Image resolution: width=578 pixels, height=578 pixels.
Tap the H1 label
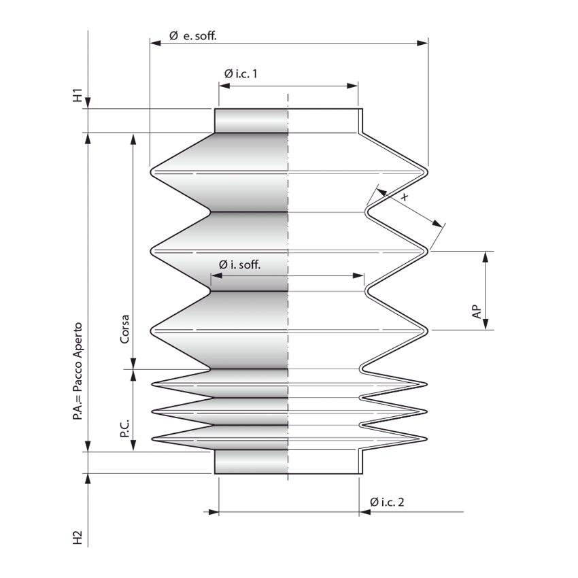click(x=78, y=95)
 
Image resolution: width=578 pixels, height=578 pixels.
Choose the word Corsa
click(x=125, y=330)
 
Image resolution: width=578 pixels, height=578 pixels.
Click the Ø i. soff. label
click(x=239, y=265)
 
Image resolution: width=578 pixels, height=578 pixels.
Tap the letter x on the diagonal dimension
click(x=405, y=197)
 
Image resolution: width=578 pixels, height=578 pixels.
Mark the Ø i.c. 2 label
click(x=388, y=502)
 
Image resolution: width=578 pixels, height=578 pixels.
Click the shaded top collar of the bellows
click(x=252, y=120)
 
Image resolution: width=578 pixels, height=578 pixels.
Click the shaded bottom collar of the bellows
click(x=252, y=462)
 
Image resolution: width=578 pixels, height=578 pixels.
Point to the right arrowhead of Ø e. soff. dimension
click(x=424, y=43)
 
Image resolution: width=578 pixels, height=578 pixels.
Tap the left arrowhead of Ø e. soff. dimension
click(x=154, y=43)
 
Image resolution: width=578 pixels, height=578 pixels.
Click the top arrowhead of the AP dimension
click(x=486, y=256)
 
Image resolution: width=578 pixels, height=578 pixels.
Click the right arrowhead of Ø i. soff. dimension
click(x=360, y=275)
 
